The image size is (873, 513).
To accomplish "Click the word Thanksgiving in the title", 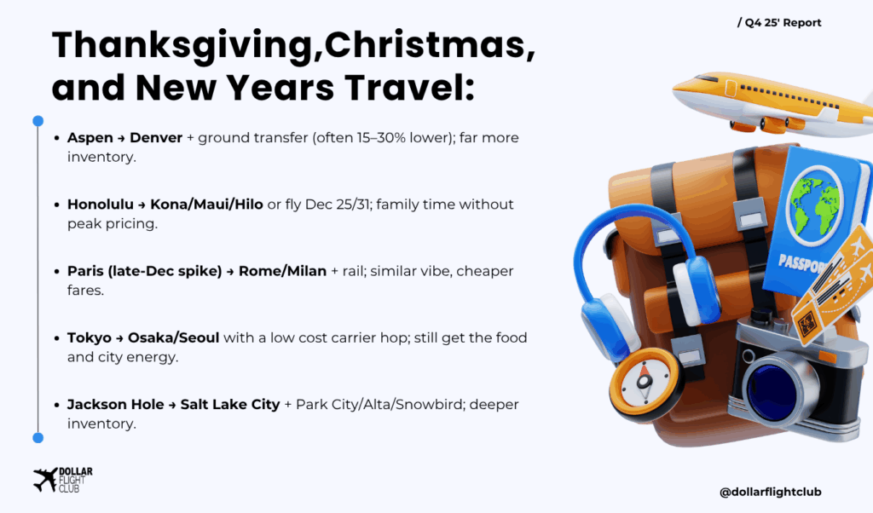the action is click(182, 46).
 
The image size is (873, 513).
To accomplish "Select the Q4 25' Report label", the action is click(779, 23).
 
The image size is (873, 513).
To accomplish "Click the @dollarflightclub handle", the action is click(770, 492).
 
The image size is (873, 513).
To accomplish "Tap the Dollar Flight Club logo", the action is click(63, 480).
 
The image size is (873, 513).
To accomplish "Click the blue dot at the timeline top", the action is click(38, 121).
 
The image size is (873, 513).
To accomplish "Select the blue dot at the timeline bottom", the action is click(38, 438).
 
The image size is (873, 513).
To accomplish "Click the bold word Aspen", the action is click(90, 138).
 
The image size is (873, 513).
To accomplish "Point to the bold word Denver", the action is click(156, 137).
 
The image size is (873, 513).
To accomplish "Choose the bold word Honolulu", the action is click(101, 205).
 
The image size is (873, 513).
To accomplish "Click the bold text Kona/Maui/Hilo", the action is click(206, 205).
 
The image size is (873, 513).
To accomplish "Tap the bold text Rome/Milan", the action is click(282, 271).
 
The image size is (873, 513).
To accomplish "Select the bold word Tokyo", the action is click(89, 337).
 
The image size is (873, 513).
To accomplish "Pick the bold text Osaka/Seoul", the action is click(174, 337).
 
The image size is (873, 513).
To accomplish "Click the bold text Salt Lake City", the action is click(230, 405).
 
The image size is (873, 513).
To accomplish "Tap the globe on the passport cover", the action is click(814, 205).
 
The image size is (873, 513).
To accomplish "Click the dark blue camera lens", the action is click(776, 387).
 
